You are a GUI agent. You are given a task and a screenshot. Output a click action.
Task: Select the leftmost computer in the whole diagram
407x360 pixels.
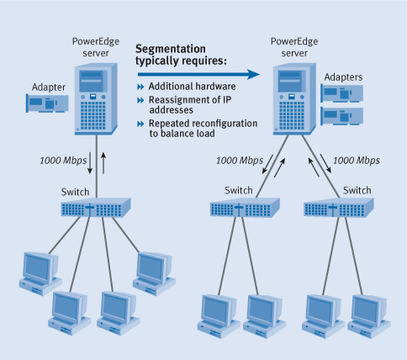click(36, 271)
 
